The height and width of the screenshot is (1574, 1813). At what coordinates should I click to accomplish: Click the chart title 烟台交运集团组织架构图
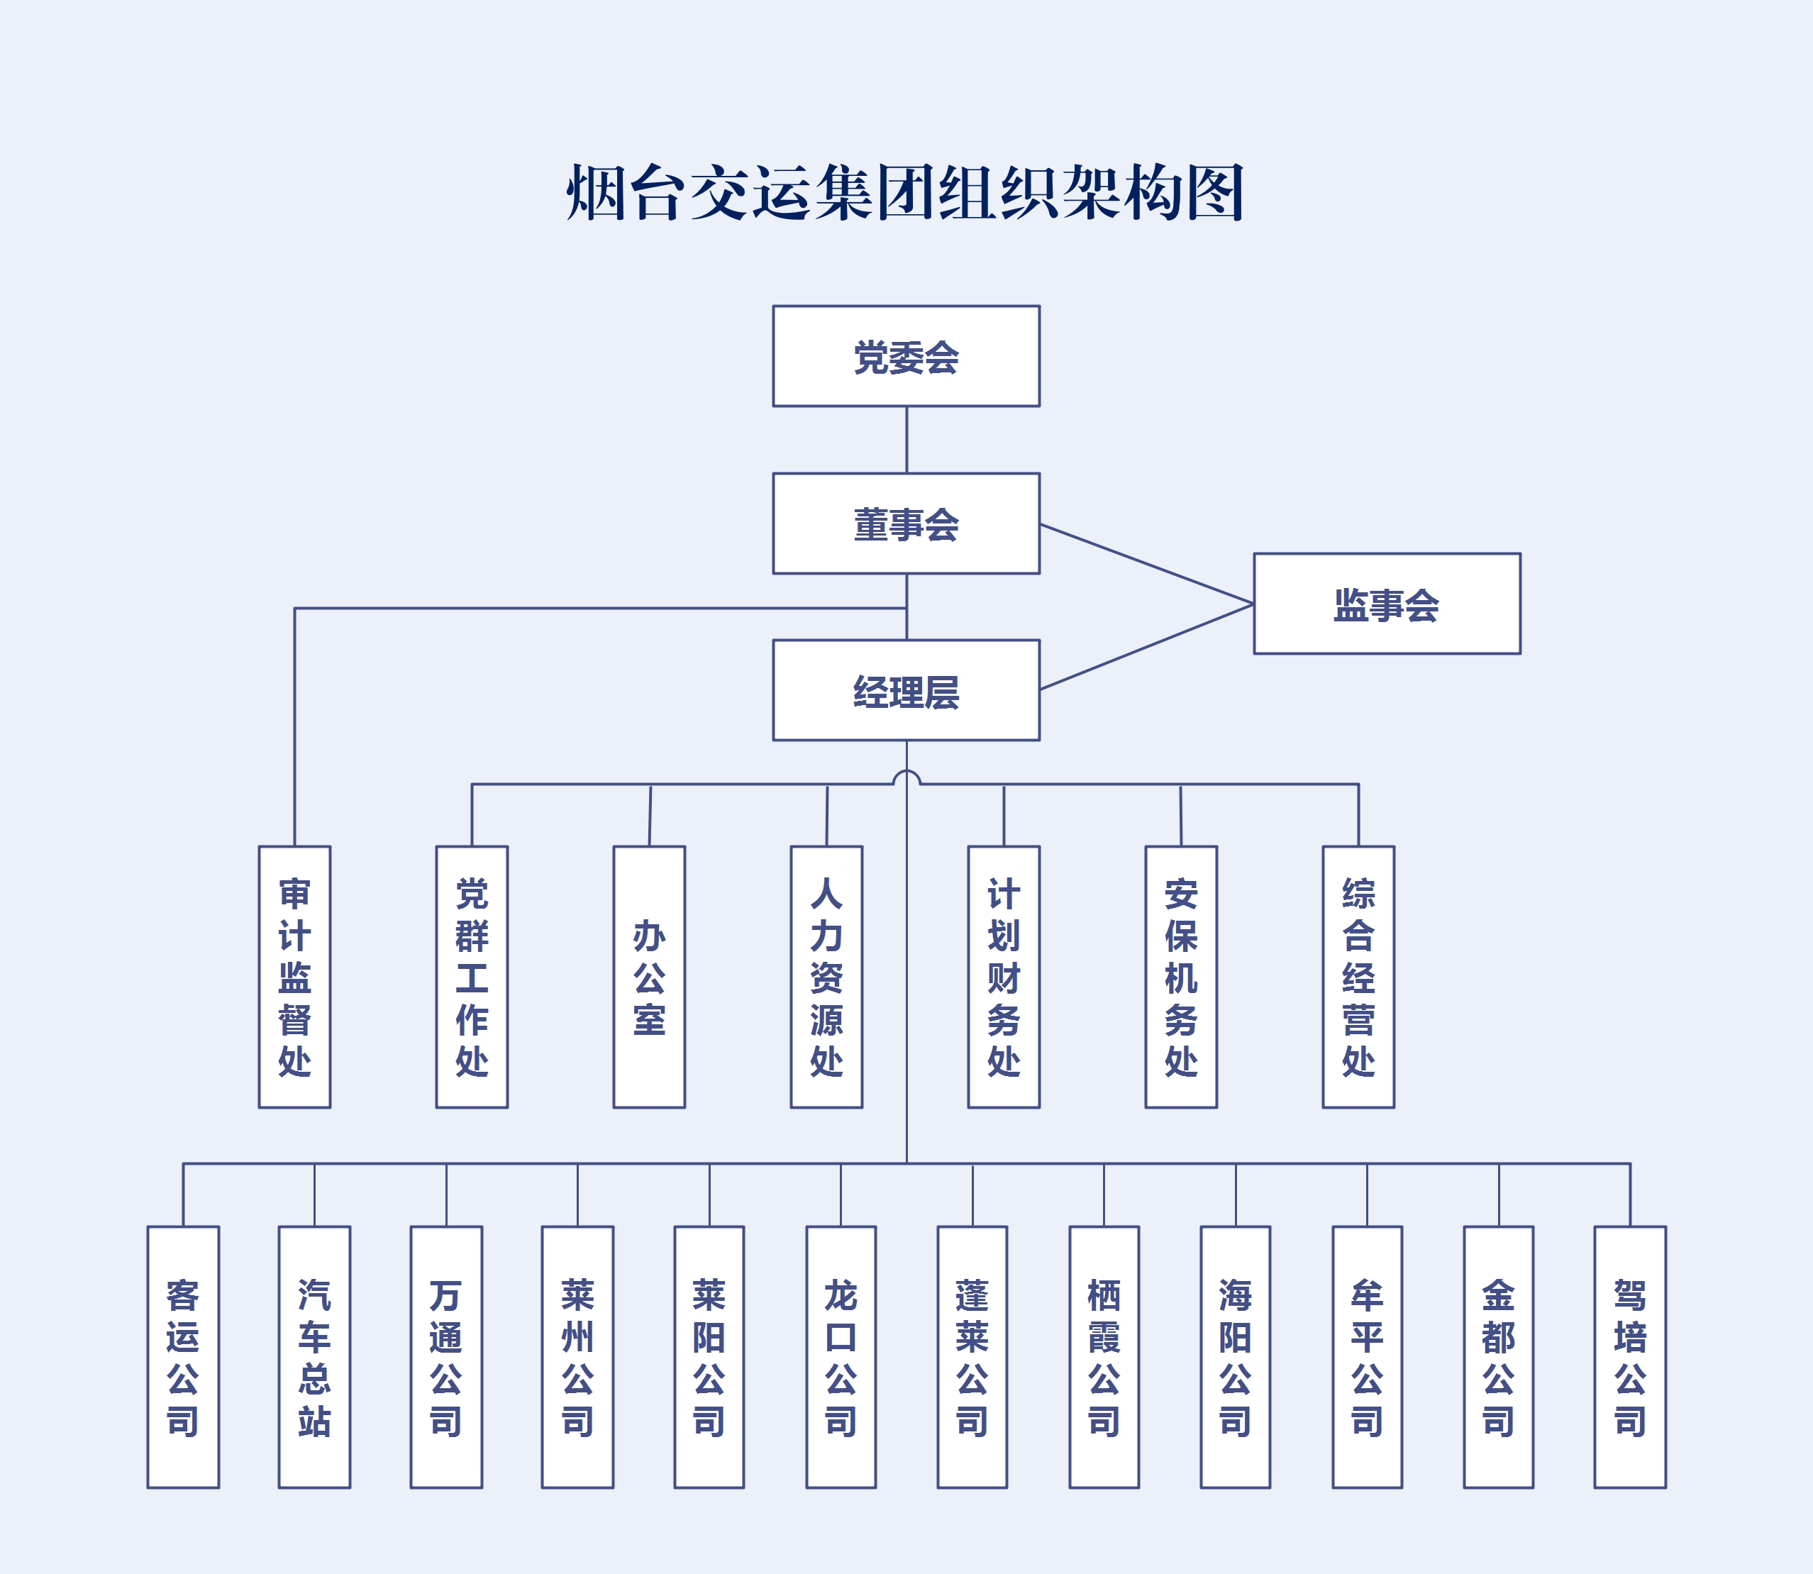(906, 192)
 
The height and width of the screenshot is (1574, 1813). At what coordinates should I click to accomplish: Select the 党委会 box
(906, 356)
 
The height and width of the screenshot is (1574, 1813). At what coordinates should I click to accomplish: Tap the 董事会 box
(906, 523)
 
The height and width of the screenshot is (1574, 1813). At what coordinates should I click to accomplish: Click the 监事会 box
(1386, 604)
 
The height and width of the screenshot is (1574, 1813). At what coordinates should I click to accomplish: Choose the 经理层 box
(906, 689)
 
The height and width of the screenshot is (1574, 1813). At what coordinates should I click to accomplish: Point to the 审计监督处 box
(294, 977)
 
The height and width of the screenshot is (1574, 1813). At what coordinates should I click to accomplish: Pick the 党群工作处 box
(472, 977)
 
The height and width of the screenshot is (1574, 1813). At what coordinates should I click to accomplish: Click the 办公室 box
(649, 977)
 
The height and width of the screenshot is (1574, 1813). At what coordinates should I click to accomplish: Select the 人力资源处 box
(826, 977)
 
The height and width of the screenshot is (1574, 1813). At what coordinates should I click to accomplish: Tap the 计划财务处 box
(1003, 977)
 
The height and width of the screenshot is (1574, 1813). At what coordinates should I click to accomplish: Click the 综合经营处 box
(1358, 977)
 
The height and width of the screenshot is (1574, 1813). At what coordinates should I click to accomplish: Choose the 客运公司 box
(183, 1357)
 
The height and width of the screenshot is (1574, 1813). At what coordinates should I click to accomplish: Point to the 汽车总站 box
(314, 1357)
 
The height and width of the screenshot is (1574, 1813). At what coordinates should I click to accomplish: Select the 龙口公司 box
(841, 1357)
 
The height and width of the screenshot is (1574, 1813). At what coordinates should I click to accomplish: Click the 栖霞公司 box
(1104, 1357)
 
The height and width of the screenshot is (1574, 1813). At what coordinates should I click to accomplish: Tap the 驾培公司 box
(1629, 1357)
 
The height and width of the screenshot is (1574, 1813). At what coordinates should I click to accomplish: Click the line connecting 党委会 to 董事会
(906, 440)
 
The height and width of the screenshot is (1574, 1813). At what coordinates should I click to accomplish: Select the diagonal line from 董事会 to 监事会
(1146, 564)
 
